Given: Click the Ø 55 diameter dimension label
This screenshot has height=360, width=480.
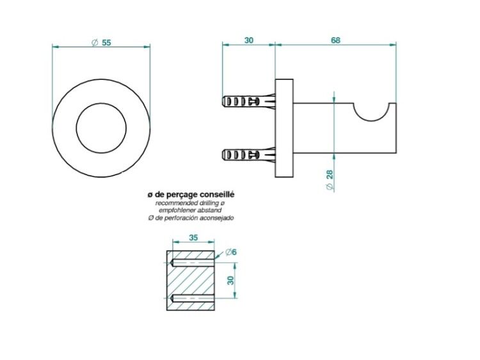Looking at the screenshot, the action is coord(101,42).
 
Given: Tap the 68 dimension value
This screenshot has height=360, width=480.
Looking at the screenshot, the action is coord(335,40).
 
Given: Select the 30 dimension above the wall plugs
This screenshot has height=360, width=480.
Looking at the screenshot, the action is coord(249,40).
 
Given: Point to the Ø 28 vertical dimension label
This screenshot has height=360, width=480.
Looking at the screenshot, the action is coord(330,180).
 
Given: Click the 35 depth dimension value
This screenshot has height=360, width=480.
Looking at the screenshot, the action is coord(193,237).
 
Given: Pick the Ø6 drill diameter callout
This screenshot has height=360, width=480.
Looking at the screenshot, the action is coord(231,253).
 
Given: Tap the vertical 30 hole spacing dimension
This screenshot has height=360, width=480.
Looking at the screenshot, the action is coord(230,280).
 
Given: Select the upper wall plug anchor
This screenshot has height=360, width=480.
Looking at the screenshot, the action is coord(248,101).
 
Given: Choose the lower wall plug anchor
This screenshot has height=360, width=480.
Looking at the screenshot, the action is coord(248,155).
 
